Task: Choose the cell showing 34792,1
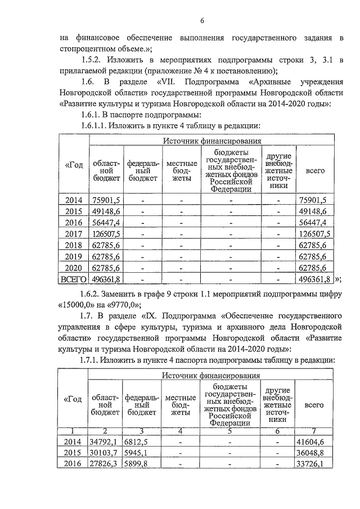pyautogui.click(x=105, y=442)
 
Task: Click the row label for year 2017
pyautogui.click(x=73, y=234)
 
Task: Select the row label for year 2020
pyautogui.click(x=73, y=267)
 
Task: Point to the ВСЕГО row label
pyautogui.click(x=73, y=278)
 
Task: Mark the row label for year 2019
pyautogui.click(x=73, y=256)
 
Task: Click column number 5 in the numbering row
pyautogui.click(x=230, y=431)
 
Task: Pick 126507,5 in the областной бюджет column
pyautogui.click(x=105, y=234)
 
